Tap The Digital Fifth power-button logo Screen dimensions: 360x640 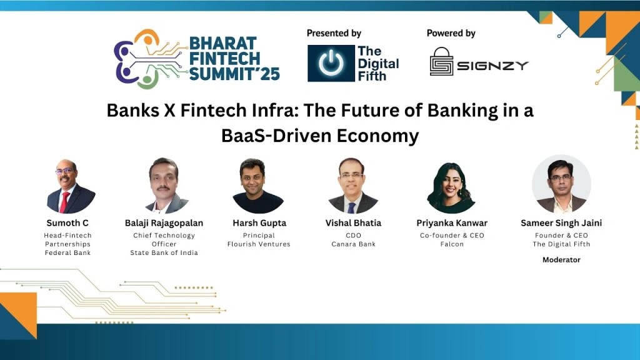coord(331,63)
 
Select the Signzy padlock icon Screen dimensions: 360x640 coord(441,61)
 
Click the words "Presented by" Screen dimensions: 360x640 coord(334,33)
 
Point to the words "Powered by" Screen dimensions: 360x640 coord(451,33)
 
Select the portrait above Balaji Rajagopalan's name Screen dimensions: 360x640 coord(166,186)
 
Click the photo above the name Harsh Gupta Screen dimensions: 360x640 coord(258,186)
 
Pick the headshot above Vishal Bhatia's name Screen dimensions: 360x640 coord(353,186)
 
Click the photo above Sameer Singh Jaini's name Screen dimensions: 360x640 coord(561,184)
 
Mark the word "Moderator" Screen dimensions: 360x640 coord(561,259)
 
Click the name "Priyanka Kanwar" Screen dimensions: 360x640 coord(452,223)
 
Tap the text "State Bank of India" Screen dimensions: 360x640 coord(164,253)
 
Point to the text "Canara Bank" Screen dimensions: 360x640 coord(354,244)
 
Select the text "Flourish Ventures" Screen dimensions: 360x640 coord(259,244)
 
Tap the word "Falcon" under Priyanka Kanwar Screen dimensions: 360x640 coord(452,244)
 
